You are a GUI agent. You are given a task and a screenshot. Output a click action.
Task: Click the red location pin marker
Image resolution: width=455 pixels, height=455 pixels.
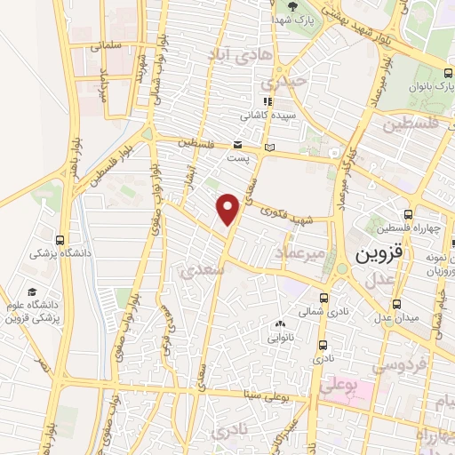[229, 209]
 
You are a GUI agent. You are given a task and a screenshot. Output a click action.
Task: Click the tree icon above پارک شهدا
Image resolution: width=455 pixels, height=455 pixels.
[293, 5]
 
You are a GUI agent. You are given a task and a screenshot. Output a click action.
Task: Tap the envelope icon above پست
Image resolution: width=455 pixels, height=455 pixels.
[237, 144]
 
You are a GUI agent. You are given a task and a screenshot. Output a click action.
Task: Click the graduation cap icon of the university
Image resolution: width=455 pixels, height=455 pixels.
[32, 292]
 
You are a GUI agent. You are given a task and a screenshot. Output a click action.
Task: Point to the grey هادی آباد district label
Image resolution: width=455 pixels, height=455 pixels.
[233, 55]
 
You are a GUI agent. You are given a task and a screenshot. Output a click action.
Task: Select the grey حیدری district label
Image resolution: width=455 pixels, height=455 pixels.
[289, 80]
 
